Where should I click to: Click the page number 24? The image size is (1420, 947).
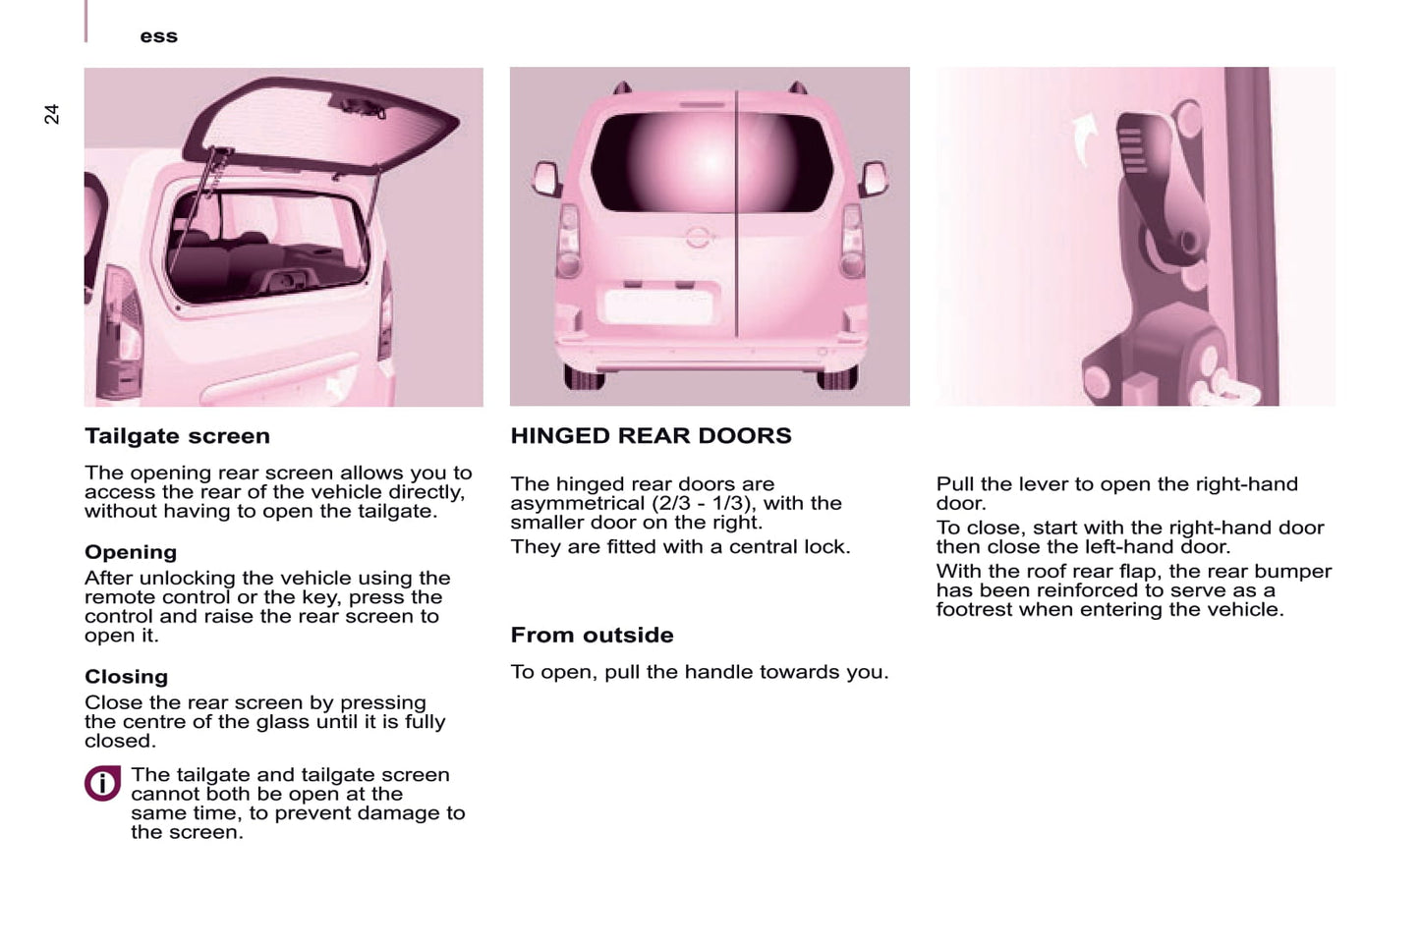click(x=52, y=114)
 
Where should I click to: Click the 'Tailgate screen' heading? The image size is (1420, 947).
click(x=177, y=436)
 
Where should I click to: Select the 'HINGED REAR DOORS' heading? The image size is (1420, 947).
click(x=651, y=436)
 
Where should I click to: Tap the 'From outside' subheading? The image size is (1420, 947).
click(x=592, y=636)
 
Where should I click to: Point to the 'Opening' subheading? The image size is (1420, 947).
click(x=131, y=552)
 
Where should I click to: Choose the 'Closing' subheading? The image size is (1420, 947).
click(x=126, y=677)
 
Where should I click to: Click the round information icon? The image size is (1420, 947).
click(x=102, y=784)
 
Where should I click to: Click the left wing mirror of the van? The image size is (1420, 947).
click(x=545, y=180)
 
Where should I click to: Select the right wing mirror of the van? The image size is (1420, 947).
click(x=873, y=179)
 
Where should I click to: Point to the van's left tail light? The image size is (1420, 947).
click(x=568, y=242)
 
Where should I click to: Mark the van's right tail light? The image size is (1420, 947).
click(x=851, y=242)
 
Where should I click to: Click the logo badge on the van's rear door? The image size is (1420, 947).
click(x=697, y=238)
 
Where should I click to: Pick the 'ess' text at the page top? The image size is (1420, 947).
click(x=158, y=36)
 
